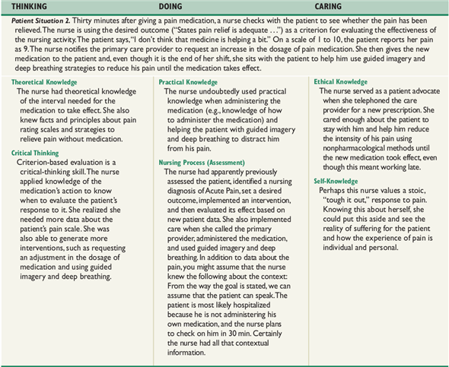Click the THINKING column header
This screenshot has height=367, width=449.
(30, 8)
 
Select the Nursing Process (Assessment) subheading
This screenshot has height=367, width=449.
(202, 142)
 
